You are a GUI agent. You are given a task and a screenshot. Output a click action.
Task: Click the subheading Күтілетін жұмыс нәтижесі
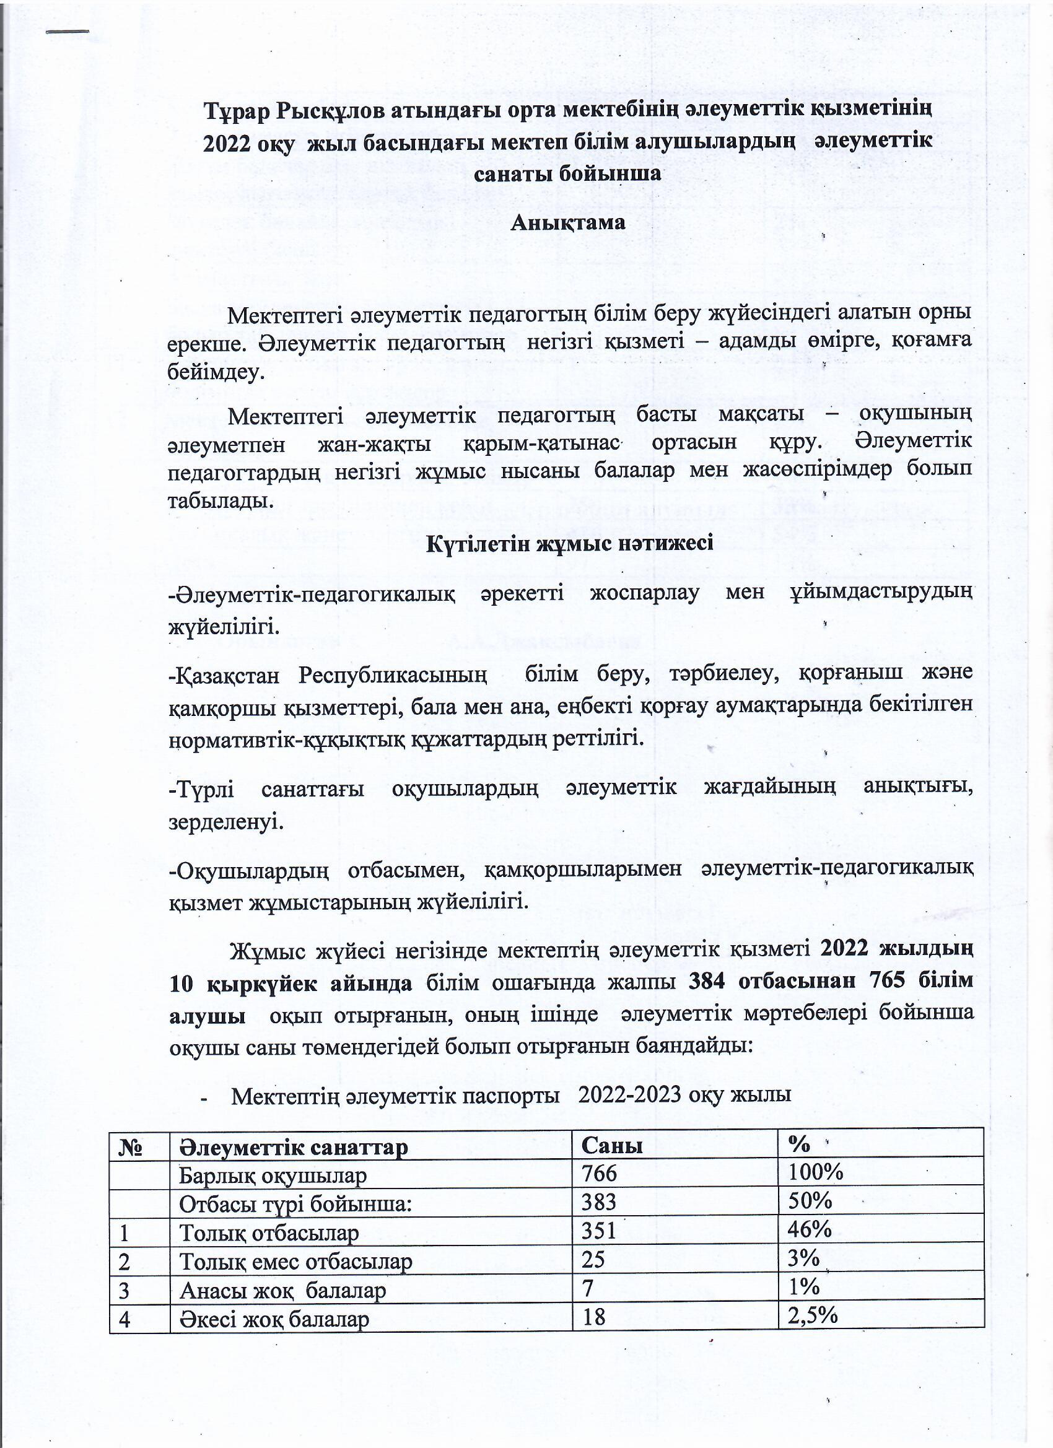pyautogui.click(x=569, y=543)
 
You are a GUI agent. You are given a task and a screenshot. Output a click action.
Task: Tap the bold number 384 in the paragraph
pyautogui.click(x=706, y=998)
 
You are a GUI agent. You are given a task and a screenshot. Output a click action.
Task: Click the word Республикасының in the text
pyautogui.click(x=392, y=675)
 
